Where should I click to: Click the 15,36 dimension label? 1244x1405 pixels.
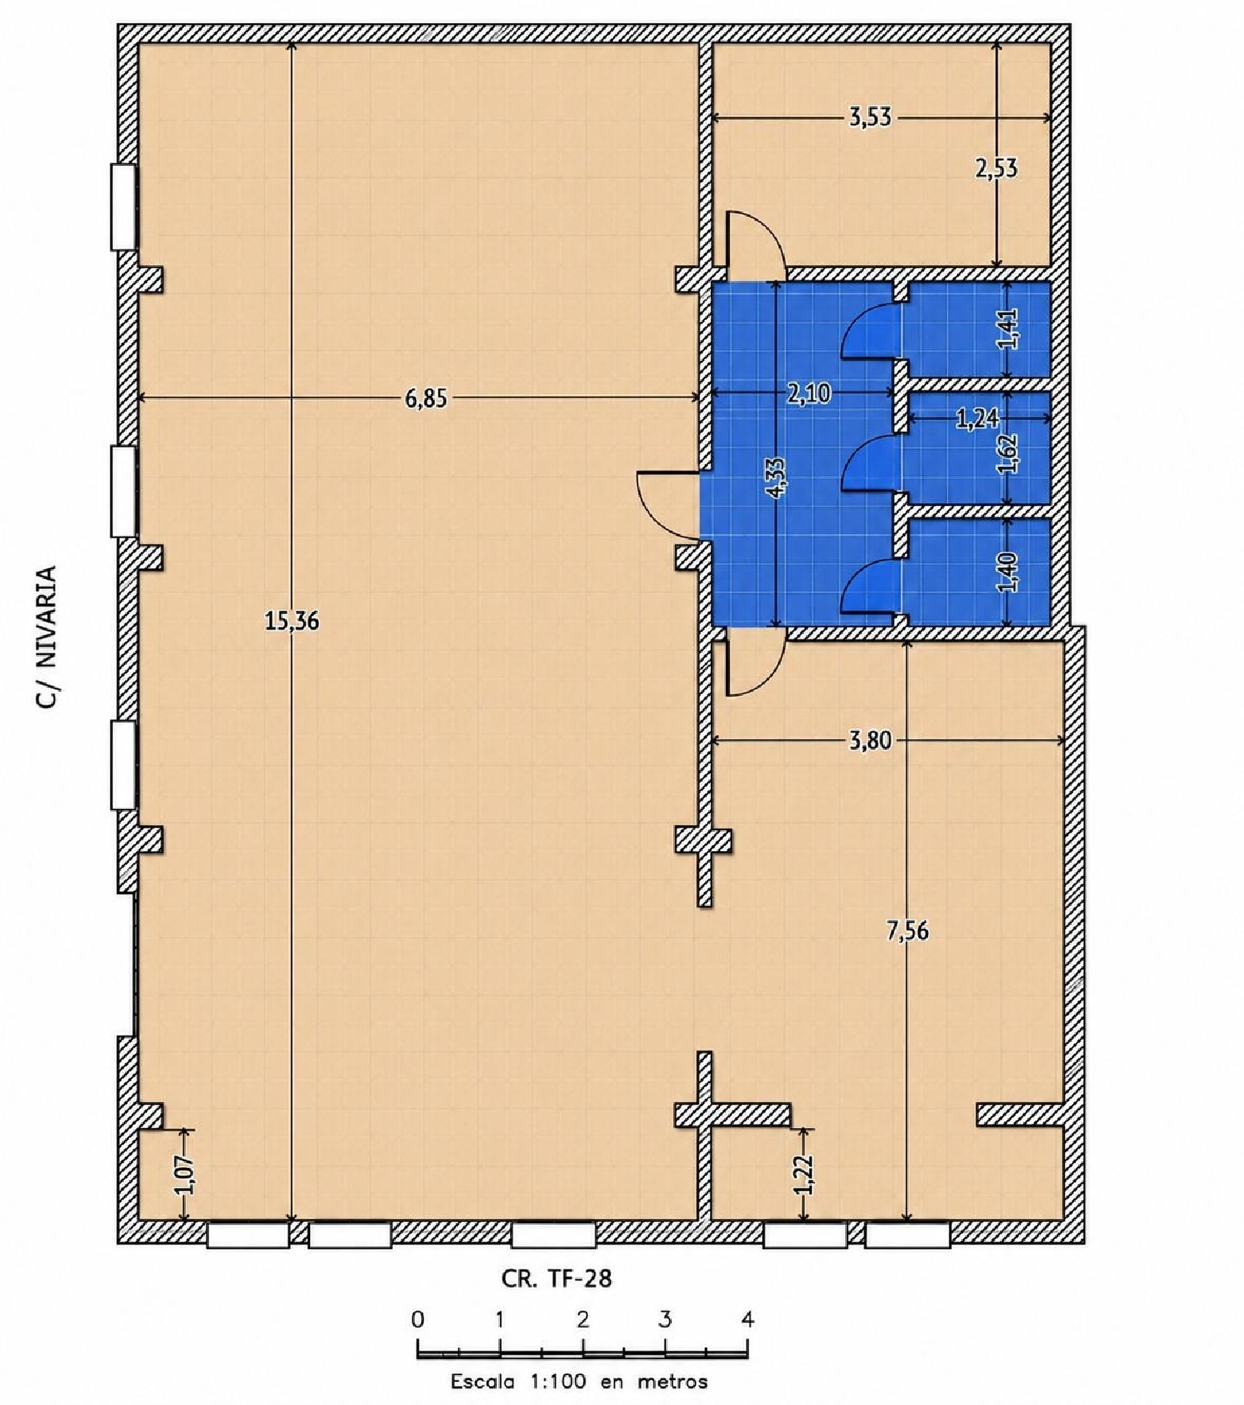point(291,620)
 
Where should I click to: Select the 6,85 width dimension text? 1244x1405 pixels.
point(425,398)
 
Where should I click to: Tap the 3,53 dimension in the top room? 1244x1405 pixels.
point(870,118)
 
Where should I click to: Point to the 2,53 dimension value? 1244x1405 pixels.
point(996,169)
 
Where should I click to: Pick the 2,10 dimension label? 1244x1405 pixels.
point(809,393)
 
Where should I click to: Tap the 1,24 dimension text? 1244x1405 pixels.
point(977,419)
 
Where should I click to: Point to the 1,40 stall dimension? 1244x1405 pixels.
point(1008,572)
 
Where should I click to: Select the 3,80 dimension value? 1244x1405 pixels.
point(870,741)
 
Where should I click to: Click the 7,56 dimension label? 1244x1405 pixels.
point(907,931)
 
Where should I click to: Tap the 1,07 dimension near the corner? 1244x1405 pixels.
point(185,1175)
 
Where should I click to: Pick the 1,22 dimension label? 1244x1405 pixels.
point(803,1174)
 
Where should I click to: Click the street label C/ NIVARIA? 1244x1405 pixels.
point(46,636)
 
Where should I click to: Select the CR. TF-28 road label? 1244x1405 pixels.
point(556,1279)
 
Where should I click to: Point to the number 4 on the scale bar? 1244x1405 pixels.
point(747,1319)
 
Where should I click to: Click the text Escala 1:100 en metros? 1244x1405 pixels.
point(579,1382)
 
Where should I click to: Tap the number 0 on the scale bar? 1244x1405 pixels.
point(417,1319)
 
